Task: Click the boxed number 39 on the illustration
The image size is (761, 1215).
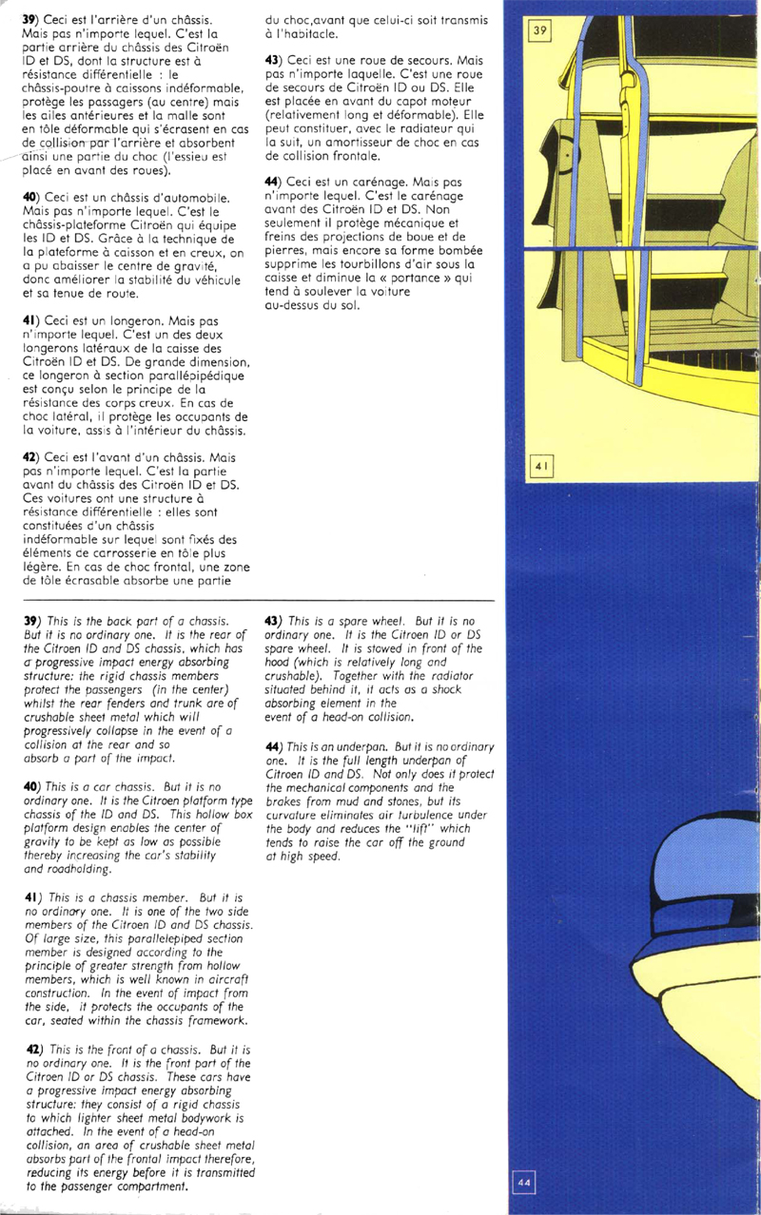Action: pyautogui.click(x=539, y=30)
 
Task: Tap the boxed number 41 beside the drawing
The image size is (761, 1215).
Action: pyautogui.click(x=539, y=467)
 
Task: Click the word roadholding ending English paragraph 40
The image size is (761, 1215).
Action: pyautogui.click(x=80, y=868)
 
